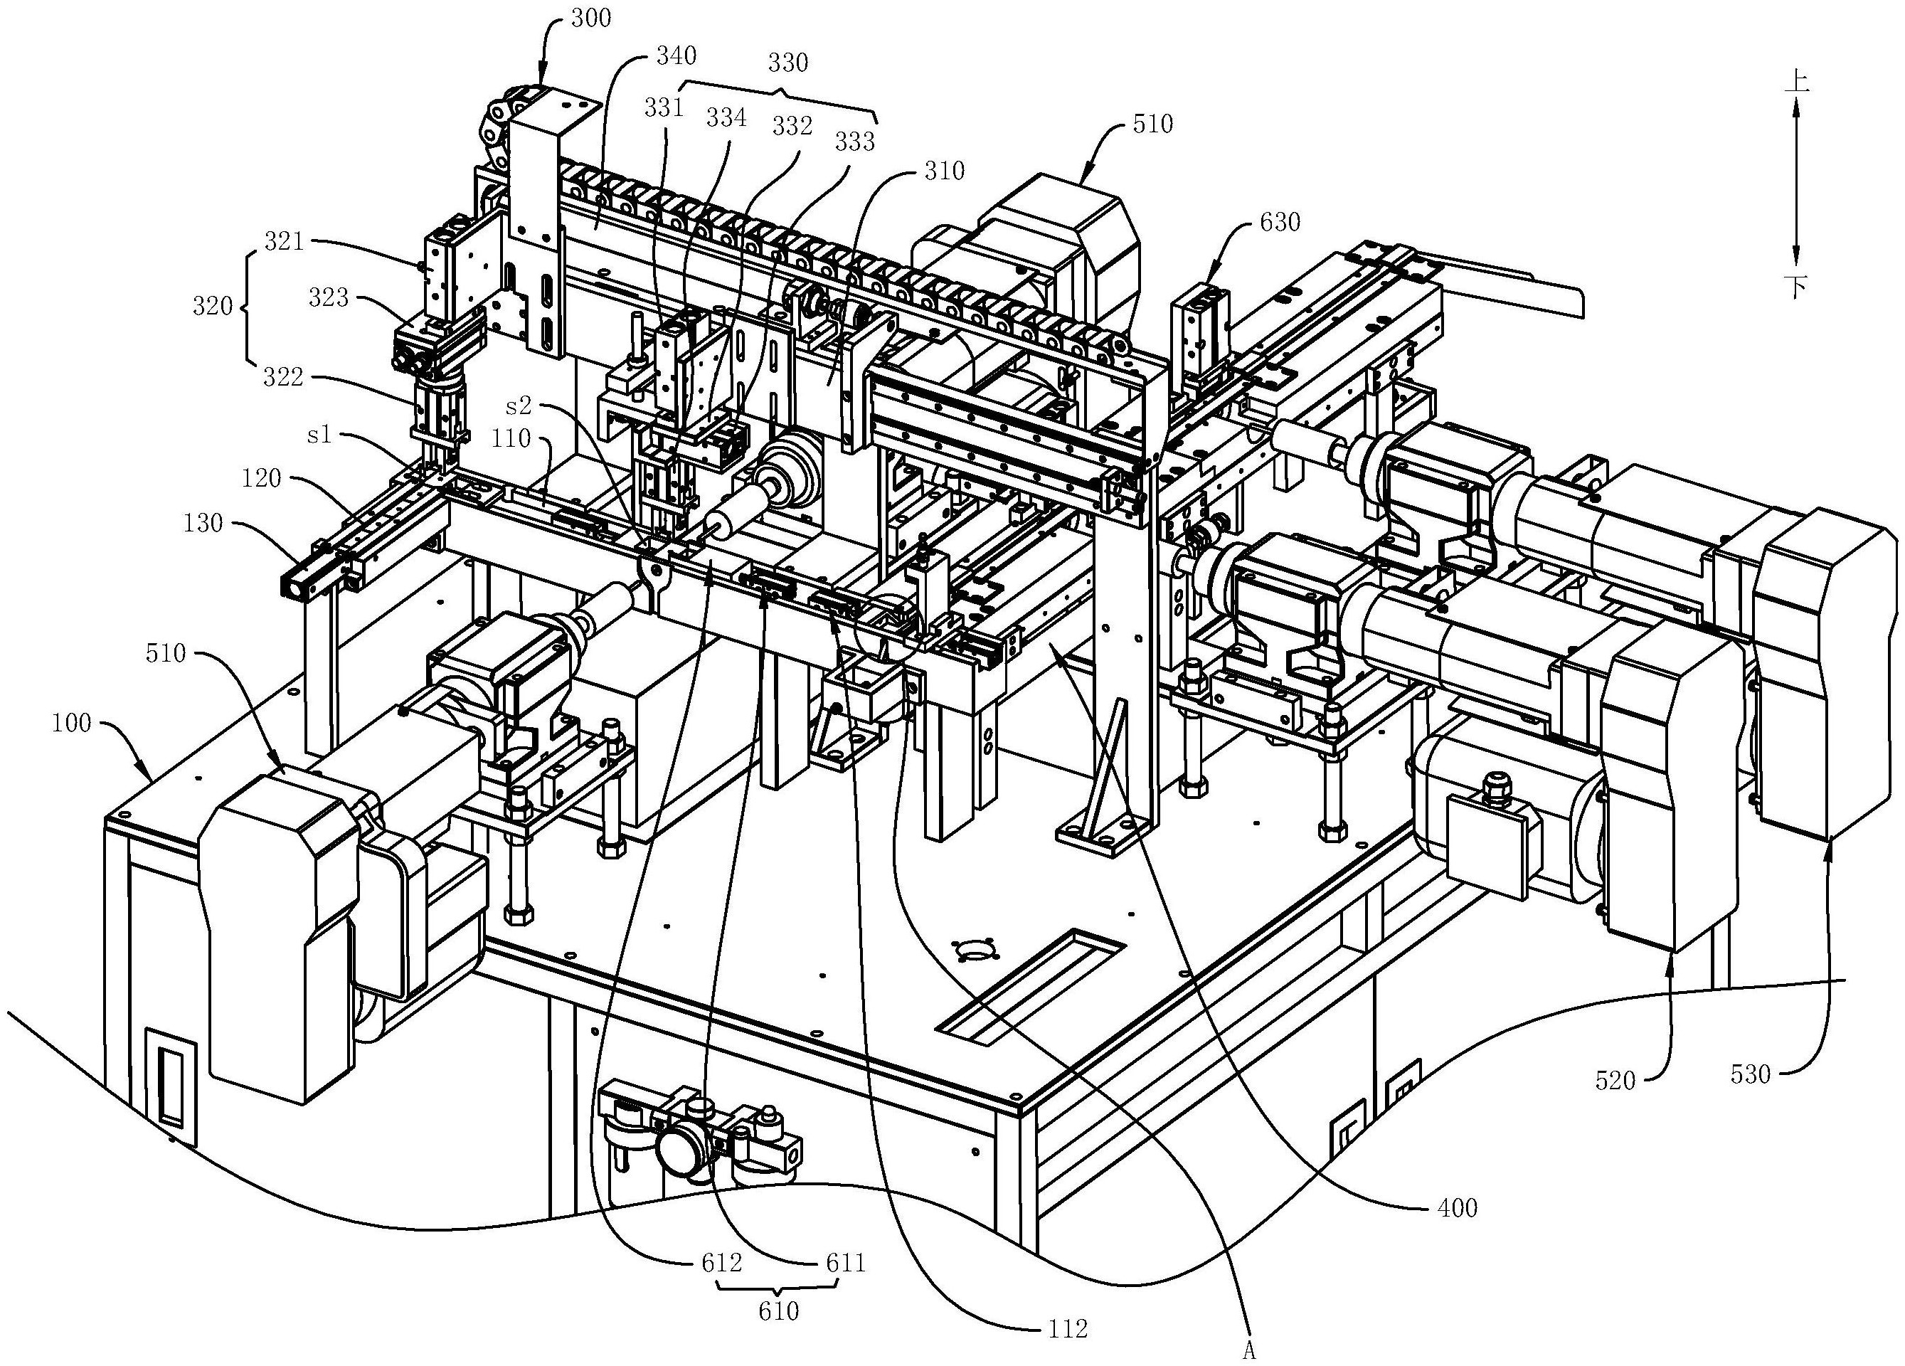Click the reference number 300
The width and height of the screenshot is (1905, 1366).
[x=590, y=18]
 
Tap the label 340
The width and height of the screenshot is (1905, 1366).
[x=676, y=56]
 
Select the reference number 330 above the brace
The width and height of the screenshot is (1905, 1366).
[x=788, y=62]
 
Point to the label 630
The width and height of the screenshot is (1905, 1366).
[x=1280, y=222]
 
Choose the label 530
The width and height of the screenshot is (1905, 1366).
[x=1751, y=1074]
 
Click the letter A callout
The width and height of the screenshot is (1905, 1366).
[x=1249, y=1351]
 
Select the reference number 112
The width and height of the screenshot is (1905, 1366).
[x=1068, y=1329]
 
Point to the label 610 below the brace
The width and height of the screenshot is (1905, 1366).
[x=778, y=1311]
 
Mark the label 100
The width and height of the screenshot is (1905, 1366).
[x=71, y=722]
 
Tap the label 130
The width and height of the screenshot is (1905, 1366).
[x=203, y=524]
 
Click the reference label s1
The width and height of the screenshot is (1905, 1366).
[x=320, y=436]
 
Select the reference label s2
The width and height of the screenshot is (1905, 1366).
[x=519, y=406]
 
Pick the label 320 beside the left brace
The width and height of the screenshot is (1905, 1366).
[x=213, y=307]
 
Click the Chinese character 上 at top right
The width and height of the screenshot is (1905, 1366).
[x=1794, y=82]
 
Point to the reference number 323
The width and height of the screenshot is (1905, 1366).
[x=329, y=297]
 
